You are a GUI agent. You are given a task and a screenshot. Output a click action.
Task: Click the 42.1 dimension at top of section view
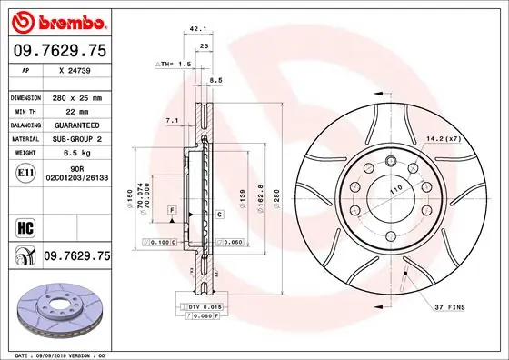click(194, 29)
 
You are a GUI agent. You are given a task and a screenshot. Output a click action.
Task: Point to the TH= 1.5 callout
click(174, 65)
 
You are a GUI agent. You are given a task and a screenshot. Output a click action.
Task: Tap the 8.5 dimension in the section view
click(215, 81)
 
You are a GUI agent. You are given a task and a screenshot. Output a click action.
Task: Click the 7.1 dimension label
click(172, 120)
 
